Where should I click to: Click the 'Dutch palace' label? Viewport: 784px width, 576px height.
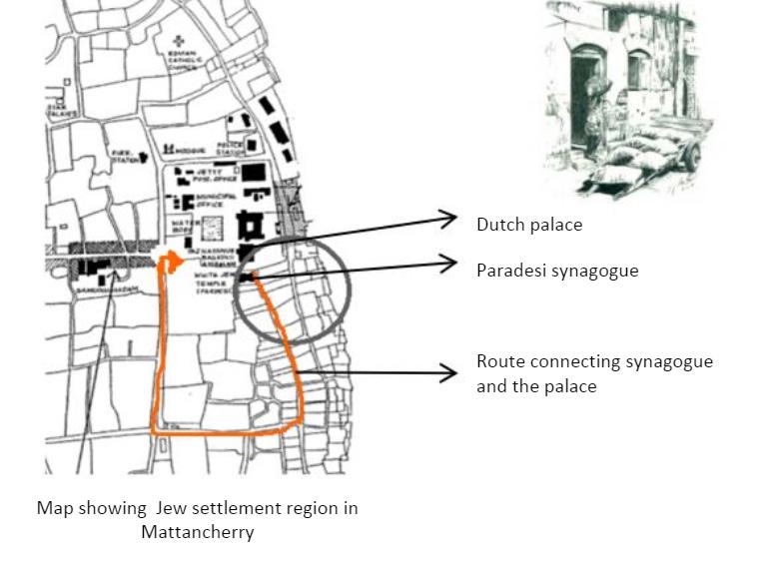coord(528,225)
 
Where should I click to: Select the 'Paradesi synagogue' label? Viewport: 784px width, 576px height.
coord(556,271)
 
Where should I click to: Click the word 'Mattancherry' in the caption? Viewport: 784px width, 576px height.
coord(197,531)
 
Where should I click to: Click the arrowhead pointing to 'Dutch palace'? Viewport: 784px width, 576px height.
coord(451,219)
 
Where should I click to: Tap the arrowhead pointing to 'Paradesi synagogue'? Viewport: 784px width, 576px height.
coord(451,264)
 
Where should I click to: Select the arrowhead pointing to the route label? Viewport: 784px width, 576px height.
coord(451,373)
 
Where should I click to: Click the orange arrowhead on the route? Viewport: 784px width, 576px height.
coord(174,263)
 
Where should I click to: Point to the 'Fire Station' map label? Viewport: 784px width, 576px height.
coord(125,157)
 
